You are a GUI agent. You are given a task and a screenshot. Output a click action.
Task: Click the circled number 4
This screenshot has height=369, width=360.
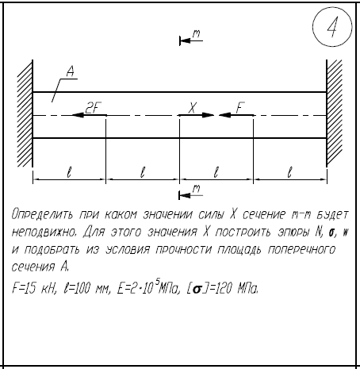332,27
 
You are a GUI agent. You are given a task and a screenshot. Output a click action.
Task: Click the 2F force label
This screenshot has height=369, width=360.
93,108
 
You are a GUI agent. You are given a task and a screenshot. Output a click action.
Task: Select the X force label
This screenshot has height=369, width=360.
193,108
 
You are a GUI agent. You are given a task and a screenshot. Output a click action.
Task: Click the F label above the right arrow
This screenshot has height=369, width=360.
240,108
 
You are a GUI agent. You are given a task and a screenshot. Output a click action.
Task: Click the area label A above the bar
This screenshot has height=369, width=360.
71,71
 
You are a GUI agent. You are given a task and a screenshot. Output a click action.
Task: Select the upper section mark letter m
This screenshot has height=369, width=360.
196,34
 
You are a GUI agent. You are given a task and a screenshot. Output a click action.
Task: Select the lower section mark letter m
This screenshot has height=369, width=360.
196,189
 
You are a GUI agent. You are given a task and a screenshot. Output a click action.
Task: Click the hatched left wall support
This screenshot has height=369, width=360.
25,113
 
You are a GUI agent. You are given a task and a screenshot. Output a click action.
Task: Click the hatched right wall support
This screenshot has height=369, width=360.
334,113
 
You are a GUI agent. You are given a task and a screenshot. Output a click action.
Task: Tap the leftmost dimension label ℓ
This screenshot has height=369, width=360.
69,172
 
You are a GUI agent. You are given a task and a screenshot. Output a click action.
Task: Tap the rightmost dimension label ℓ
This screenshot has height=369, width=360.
290,172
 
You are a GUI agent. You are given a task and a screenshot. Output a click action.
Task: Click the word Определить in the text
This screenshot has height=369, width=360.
42,214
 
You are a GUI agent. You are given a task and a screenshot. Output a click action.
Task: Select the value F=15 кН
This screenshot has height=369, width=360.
34,288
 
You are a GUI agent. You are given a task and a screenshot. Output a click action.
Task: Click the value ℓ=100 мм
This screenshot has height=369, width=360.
86,288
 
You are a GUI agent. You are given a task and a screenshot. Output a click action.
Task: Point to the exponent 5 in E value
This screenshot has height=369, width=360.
157,283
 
